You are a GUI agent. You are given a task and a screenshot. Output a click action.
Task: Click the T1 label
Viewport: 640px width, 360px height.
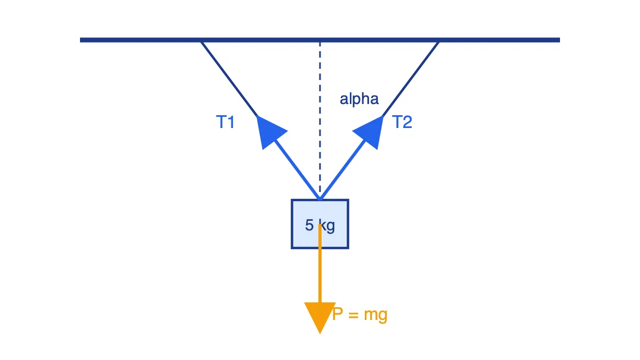click(225, 122)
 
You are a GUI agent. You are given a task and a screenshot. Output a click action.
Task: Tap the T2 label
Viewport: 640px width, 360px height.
click(402, 122)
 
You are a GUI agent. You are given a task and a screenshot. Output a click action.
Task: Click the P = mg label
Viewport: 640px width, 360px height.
click(359, 315)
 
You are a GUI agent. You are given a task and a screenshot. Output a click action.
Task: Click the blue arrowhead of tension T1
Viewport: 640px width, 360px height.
click(269, 132)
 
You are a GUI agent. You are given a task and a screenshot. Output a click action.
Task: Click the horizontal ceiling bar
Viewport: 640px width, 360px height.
click(319, 40)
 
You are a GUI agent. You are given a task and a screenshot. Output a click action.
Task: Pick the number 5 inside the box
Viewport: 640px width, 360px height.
click(309, 225)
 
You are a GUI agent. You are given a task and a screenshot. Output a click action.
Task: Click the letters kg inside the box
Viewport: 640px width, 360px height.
click(327, 226)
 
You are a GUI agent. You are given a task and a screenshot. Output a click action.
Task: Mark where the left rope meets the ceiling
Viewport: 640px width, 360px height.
click(202, 42)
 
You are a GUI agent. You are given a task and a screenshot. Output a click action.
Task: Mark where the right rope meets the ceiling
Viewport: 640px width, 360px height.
click(438, 42)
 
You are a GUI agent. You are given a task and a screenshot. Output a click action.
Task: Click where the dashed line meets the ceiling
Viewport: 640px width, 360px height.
click(319, 43)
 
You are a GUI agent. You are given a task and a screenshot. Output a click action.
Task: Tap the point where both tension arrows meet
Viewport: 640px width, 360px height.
click(319, 199)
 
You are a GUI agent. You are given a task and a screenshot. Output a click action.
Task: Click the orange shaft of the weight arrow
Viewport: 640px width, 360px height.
click(319, 263)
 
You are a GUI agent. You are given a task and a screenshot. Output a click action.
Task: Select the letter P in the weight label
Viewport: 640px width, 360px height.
click(338, 314)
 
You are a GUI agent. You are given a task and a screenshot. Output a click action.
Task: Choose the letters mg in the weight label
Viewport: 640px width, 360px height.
click(375, 316)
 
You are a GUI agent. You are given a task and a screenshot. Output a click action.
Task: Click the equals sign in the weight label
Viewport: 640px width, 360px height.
click(354, 315)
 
